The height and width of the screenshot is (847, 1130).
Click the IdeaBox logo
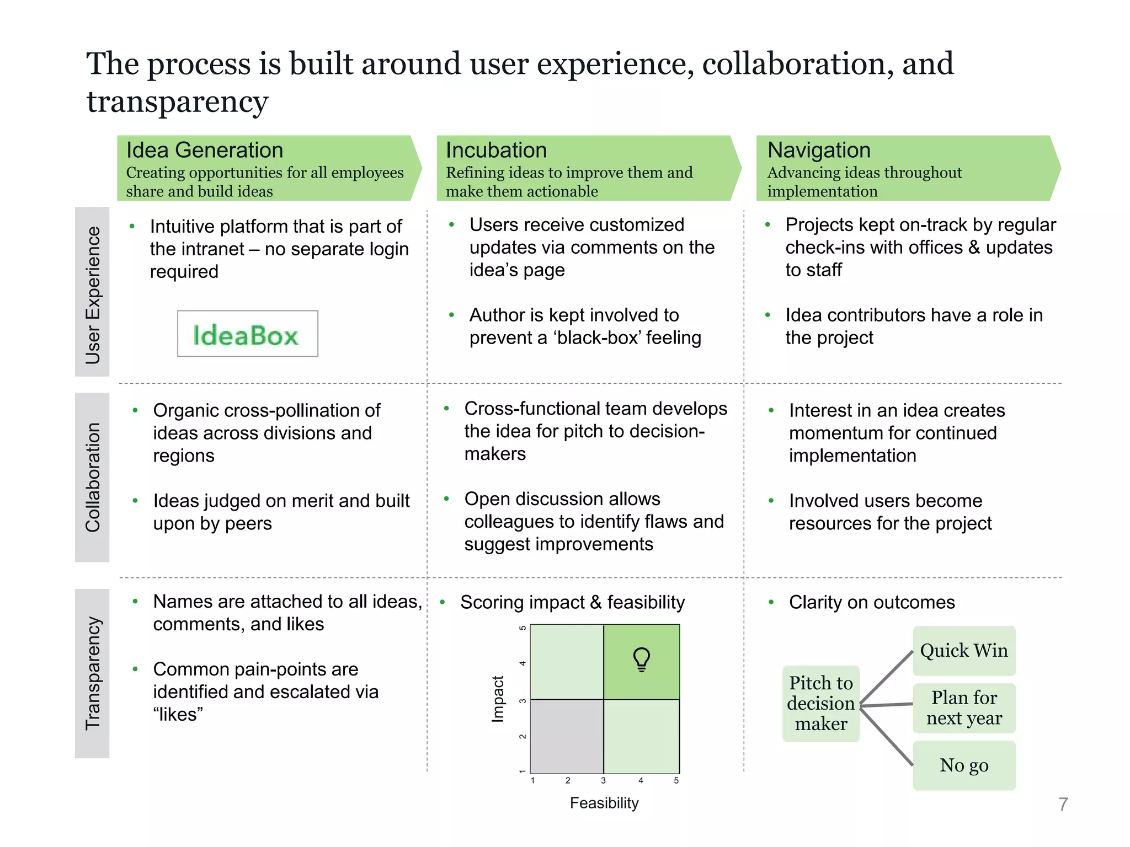(247, 334)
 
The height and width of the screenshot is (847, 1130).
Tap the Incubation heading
(496, 150)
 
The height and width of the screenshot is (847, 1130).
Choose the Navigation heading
(819, 150)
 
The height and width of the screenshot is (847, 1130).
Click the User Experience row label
(92, 292)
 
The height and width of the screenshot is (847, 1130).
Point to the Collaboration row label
(92, 477)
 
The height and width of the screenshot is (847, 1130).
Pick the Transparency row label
(92, 673)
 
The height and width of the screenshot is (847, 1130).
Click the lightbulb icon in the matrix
(641, 660)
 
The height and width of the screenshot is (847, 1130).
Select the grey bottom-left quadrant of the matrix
(567, 736)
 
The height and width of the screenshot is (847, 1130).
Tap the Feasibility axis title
(604, 803)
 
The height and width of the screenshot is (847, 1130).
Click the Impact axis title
(498, 699)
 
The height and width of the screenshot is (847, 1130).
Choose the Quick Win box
(963, 651)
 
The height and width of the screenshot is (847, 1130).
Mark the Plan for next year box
(963, 708)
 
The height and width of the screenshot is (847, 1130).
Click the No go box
(963, 765)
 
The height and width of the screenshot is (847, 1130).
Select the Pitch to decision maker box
(820, 704)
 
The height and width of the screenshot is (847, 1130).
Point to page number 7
(1063, 805)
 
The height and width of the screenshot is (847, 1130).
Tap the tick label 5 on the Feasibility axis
(676, 781)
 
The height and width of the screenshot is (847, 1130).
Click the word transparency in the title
(177, 101)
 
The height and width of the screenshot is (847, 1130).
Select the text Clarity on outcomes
(871, 602)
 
